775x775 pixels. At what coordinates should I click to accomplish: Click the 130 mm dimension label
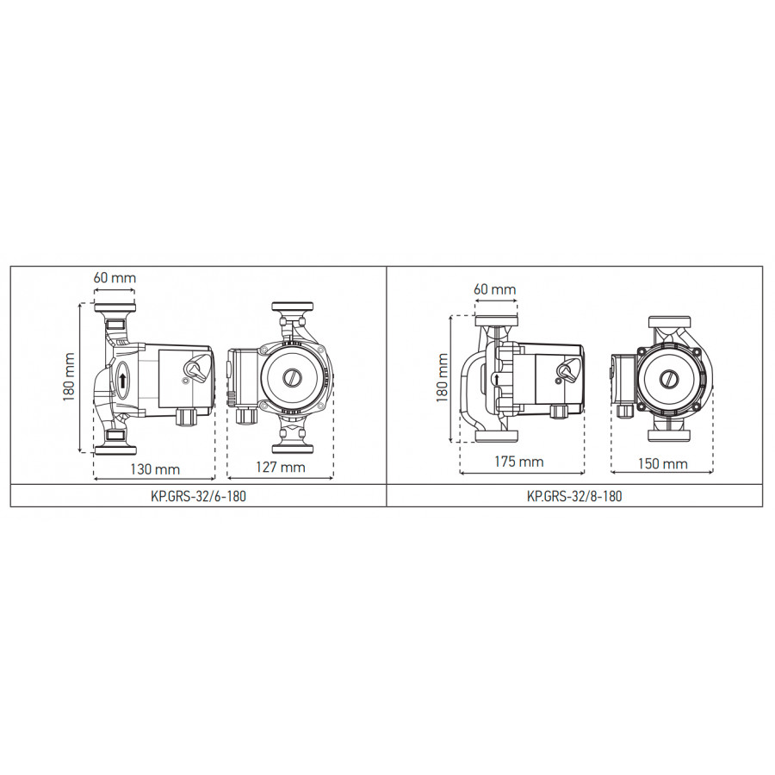[x=155, y=469]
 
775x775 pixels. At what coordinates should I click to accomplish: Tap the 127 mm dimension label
[x=280, y=467]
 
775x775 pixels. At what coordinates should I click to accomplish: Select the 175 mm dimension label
[x=519, y=462]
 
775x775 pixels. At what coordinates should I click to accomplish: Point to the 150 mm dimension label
[x=663, y=463]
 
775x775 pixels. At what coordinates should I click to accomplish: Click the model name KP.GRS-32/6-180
[x=198, y=496]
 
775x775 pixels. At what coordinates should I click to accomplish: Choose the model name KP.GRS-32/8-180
[x=574, y=496]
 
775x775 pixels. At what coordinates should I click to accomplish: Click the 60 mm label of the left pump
[x=115, y=277]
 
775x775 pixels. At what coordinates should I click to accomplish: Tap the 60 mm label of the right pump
[x=495, y=289]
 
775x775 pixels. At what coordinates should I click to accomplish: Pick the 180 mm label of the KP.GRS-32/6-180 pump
[x=69, y=377]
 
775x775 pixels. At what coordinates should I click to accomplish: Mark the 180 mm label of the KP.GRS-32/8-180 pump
[x=443, y=377]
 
